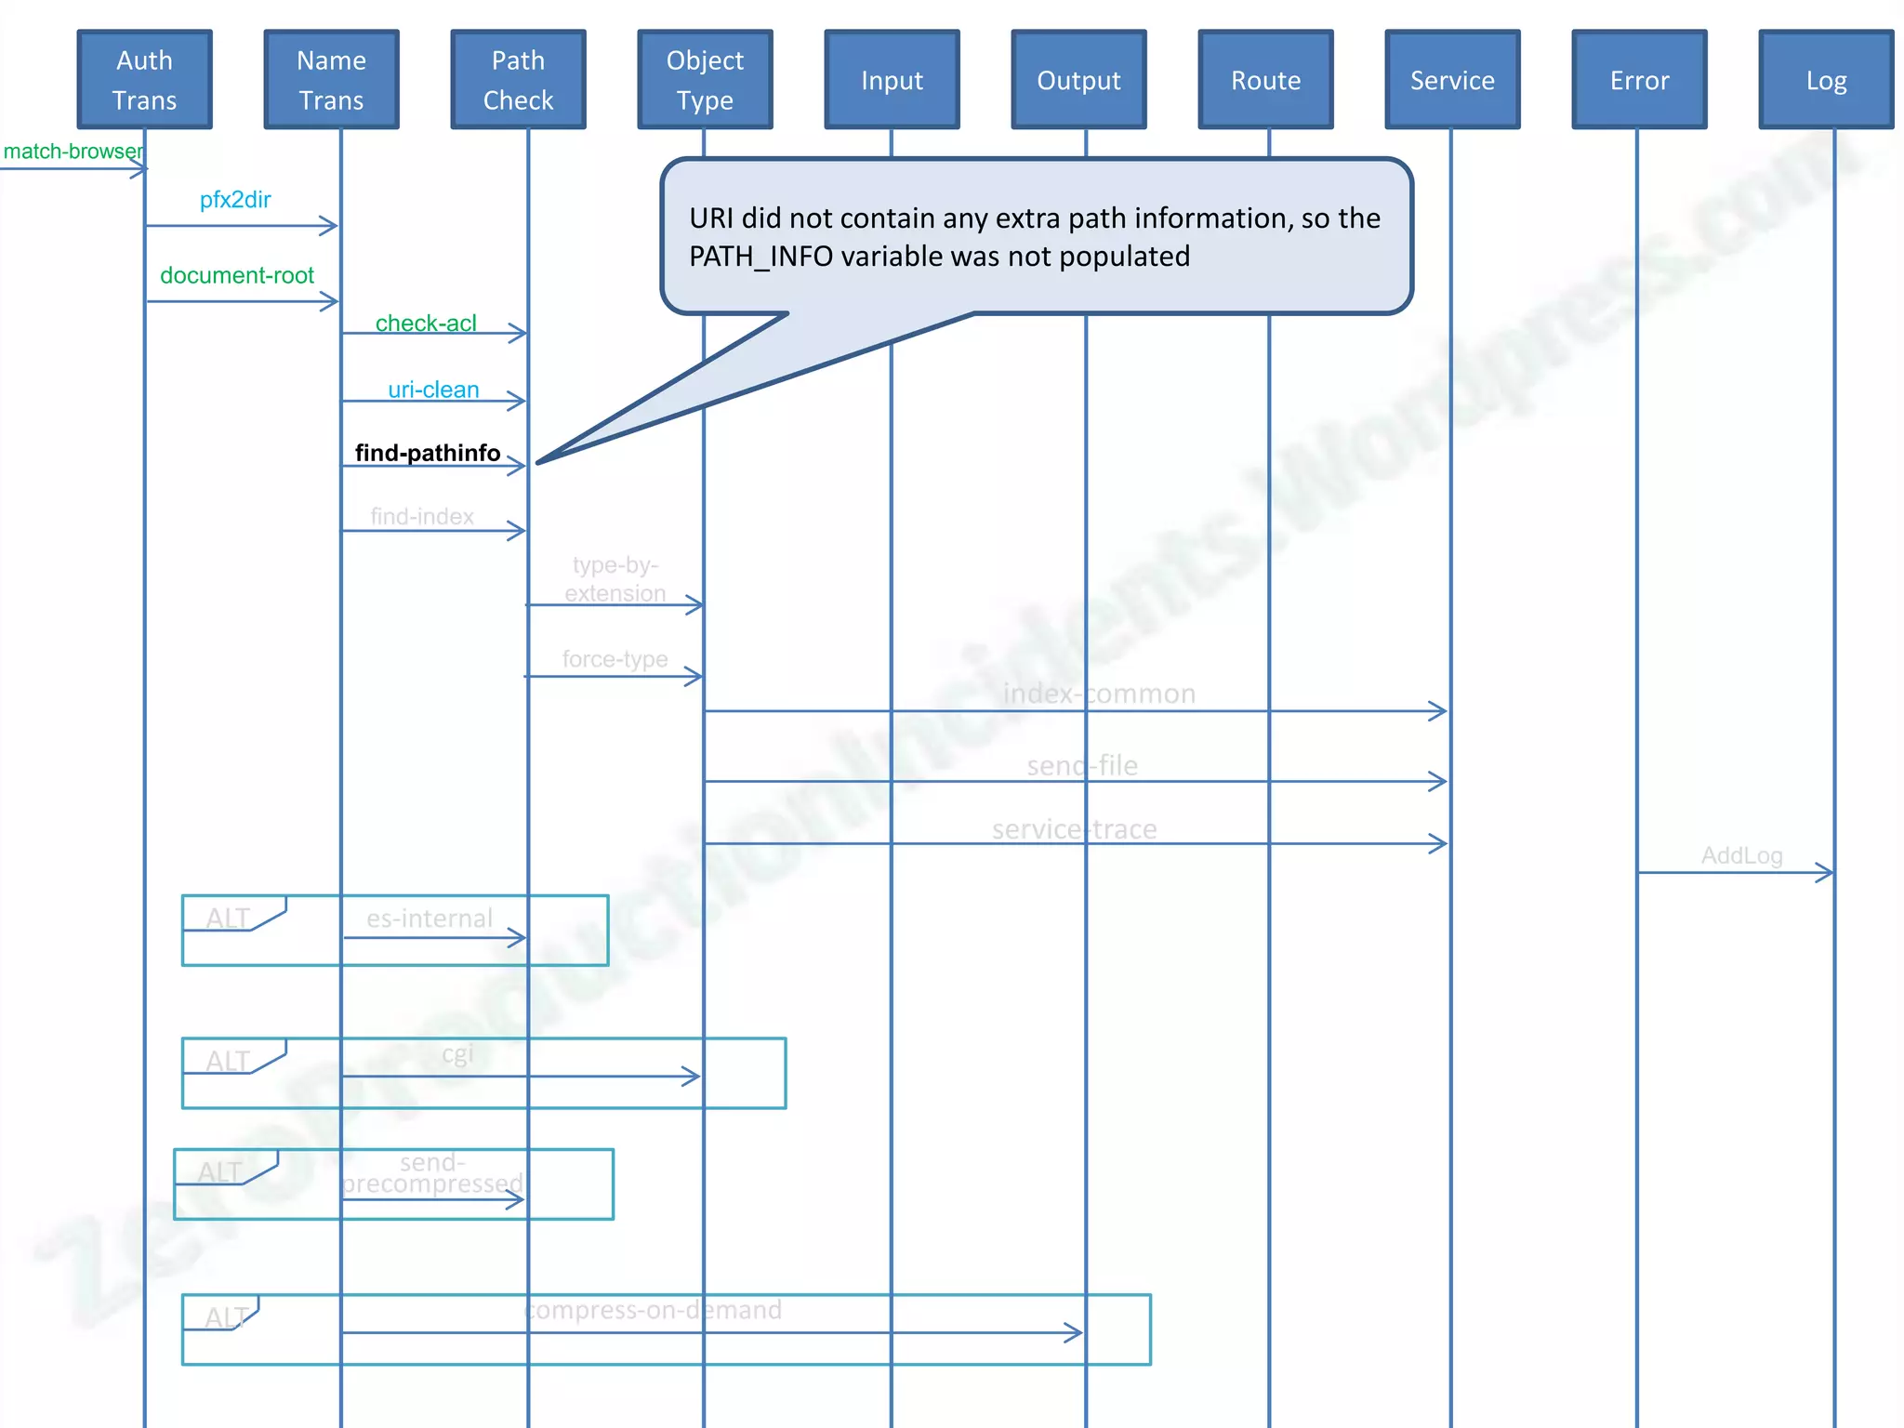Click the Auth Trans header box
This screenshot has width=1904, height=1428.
click(144, 80)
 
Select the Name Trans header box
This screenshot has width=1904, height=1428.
click(331, 80)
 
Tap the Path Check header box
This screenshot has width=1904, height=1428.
click(518, 80)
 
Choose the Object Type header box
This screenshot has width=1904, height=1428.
click(705, 80)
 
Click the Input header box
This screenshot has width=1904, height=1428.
click(892, 80)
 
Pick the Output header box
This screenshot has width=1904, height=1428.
click(1078, 80)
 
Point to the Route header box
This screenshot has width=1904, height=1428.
click(1265, 80)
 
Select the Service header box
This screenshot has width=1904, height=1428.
click(1452, 80)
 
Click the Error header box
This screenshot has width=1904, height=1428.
click(1639, 80)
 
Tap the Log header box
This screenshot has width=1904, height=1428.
click(1826, 80)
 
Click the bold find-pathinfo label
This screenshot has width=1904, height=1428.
click(428, 453)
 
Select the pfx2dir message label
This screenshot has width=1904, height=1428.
click(235, 200)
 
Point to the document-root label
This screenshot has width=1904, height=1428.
click(237, 275)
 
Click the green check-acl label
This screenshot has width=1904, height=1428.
click(426, 323)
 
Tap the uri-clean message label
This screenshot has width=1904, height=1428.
click(433, 390)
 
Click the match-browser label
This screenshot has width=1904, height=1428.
click(73, 152)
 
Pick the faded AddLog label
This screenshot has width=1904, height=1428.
click(1741, 855)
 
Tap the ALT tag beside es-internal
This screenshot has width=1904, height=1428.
click(229, 918)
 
